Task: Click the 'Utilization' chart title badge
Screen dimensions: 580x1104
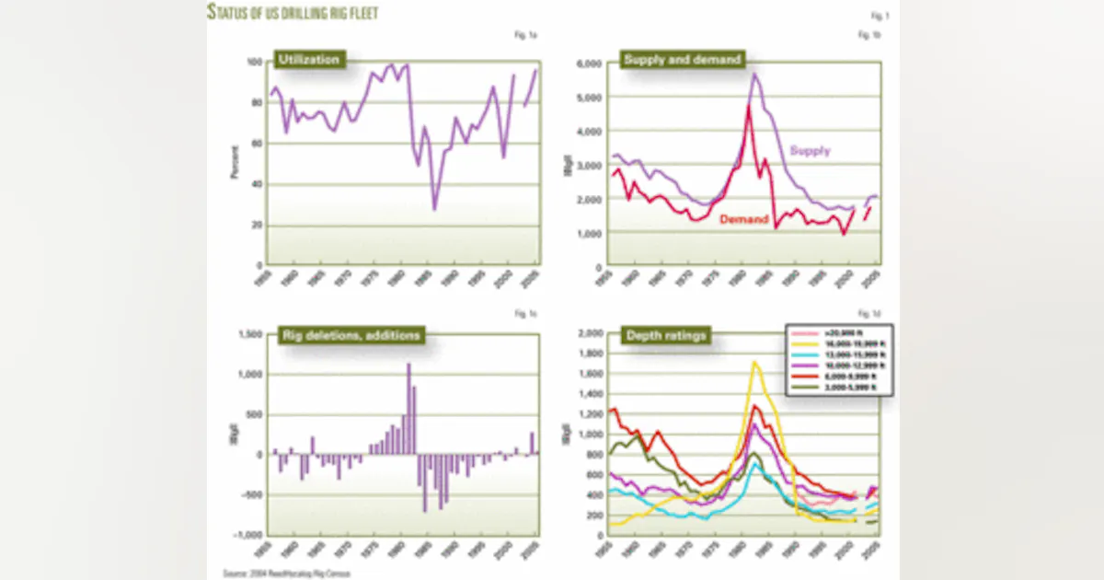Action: [x=308, y=61]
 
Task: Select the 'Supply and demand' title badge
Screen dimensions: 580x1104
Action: [x=669, y=61]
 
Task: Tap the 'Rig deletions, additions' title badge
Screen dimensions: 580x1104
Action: [x=350, y=335]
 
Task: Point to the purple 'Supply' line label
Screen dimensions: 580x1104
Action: [x=811, y=150]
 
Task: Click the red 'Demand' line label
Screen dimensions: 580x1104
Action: [x=743, y=219]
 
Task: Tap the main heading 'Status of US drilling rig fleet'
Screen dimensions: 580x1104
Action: [x=293, y=13]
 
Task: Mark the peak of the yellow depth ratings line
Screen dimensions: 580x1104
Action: [x=754, y=362]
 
